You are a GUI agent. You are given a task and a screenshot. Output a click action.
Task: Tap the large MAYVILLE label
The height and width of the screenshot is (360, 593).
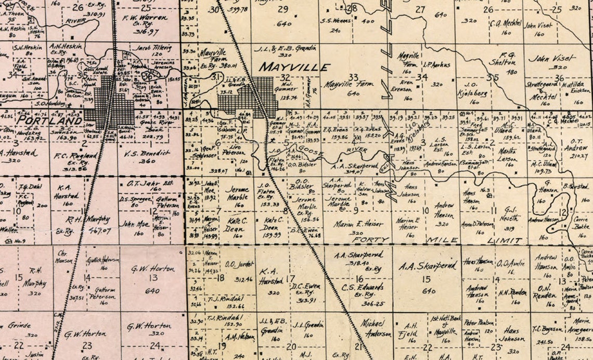(294, 68)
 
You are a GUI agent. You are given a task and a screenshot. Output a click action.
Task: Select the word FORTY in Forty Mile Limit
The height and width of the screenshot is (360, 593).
(370, 240)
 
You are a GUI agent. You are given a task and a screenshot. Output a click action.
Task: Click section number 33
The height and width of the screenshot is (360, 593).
(353, 78)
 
